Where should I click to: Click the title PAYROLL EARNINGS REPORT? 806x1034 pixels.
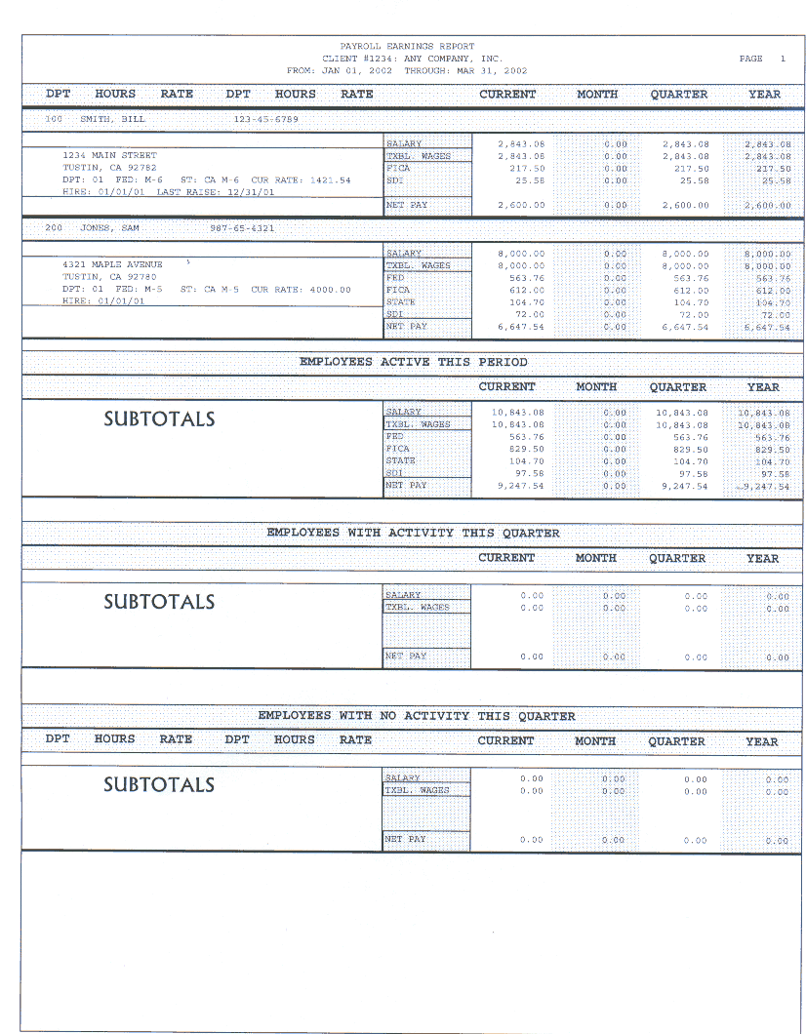[407, 46]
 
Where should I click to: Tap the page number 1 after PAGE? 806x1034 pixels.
[782, 59]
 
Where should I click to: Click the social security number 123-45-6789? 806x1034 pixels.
[265, 119]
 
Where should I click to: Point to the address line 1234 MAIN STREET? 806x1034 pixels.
[109, 155]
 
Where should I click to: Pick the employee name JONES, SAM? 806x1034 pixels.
[109, 228]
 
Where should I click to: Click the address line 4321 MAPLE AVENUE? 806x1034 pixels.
[112, 264]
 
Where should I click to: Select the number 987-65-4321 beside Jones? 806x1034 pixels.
[242, 228]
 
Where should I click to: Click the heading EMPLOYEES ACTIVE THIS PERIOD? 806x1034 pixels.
[413, 362]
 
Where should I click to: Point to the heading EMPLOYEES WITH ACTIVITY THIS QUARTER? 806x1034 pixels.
[413, 534]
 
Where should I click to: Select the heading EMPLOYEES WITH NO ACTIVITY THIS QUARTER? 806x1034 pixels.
[417, 716]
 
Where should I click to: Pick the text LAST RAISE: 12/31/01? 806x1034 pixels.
[216, 192]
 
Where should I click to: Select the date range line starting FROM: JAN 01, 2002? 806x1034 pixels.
[407, 71]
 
